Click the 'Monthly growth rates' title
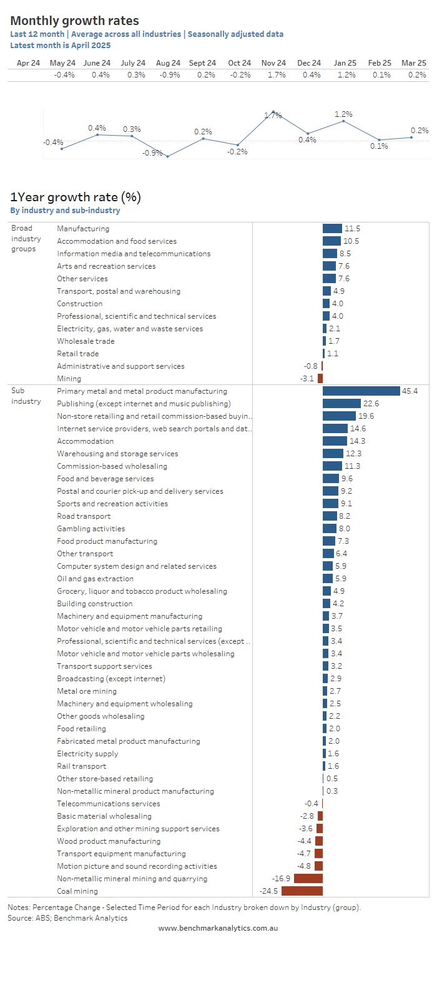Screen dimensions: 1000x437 click(74, 21)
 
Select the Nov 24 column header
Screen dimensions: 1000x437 click(273, 62)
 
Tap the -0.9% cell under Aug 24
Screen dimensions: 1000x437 click(170, 75)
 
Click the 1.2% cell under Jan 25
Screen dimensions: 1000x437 click(346, 75)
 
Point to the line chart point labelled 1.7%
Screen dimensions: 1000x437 click(273, 112)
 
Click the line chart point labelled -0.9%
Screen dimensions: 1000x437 click(167, 156)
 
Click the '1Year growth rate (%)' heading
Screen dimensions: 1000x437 click(76, 197)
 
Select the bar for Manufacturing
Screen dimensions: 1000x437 click(332, 229)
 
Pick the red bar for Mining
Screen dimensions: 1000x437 click(320, 379)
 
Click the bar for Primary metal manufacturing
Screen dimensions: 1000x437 click(361, 391)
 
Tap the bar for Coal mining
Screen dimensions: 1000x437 click(302, 891)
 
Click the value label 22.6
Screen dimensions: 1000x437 click(371, 404)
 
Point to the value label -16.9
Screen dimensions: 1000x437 click(281, 879)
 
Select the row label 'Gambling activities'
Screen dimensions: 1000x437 click(91, 529)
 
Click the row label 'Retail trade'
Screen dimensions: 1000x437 click(78, 354)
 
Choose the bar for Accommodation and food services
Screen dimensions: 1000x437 click(331, 241)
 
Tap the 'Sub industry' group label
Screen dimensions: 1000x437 click(26, 396)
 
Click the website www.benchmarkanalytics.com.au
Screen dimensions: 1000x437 click(218, 928)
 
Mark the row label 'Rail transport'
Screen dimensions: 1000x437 click(82, 766)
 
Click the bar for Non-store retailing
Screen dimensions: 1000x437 click(339, 416)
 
